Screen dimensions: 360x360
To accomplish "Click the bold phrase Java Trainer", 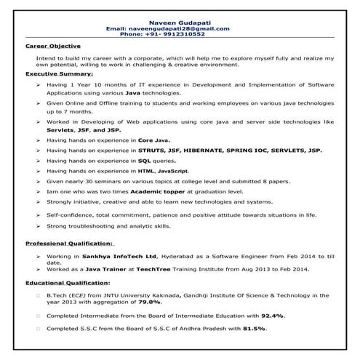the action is coord(101,269).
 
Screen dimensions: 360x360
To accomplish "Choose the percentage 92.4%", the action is coord(272,316).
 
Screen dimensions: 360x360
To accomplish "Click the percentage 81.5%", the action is coord(255,329).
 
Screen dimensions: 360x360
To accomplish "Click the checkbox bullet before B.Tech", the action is coord(37,295).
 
